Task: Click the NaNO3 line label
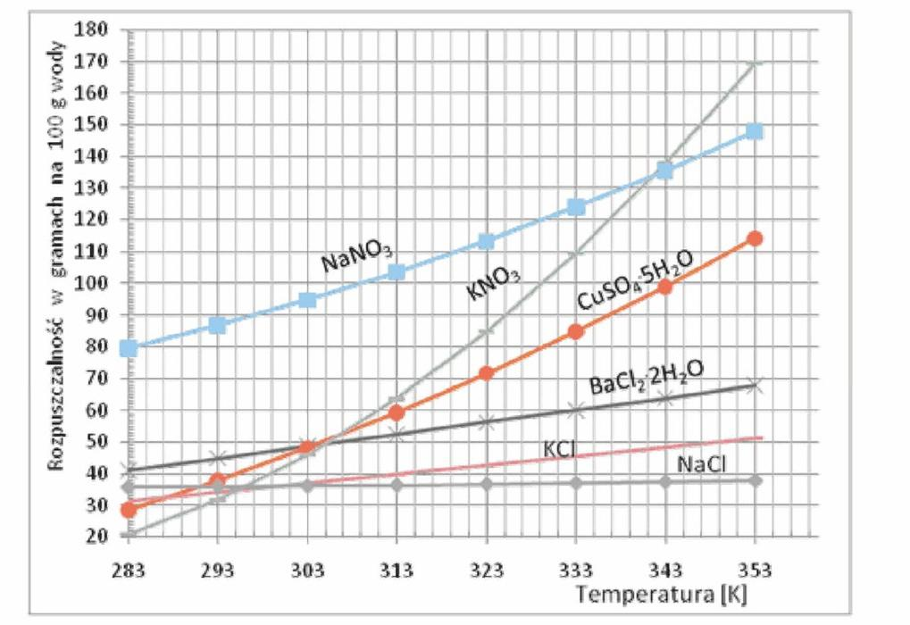pyautogui.click(x=356, y=262)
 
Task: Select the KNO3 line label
pyautogui.click(x=493, y=286)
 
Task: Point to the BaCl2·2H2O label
pyautogui.click(x=647, y=377)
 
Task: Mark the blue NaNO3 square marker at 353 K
pyautogui.click(x=755, y=131)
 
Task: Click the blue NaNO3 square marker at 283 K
pyautogui.click(x=129, y=347)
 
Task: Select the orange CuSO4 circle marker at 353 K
pyautogui.click(x=755, y=238)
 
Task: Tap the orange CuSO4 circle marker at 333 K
pyautogui.click(x=576, y=331)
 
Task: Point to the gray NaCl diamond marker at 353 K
pyautogui.click(x=755, y=480)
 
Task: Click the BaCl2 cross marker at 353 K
pyautogui.click(x=755, y=386)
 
